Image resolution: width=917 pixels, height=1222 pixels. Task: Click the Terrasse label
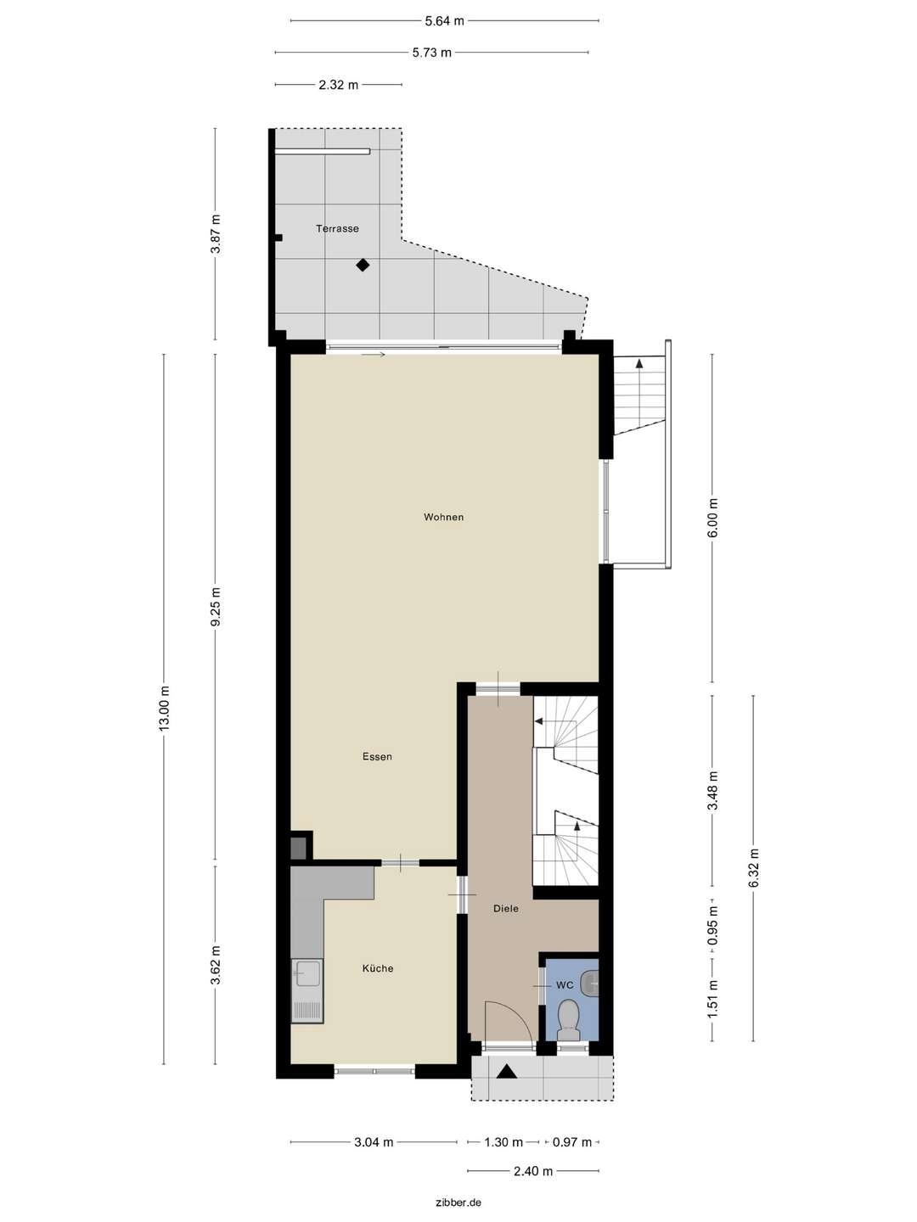pyautogui.click(x=337, y=228)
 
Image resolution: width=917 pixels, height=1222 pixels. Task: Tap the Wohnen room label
pyautogui.click(x=444, y=517)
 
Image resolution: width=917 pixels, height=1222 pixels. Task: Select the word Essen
pyautogui.click(x=377, y=756)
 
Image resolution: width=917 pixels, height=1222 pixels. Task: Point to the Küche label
pyautogui.click(x=378, y=968)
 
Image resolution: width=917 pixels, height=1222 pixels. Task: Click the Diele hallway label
pyautogui.click(x=506, y=908)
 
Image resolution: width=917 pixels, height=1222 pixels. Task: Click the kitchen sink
pyautogui.click(x=307, y=973)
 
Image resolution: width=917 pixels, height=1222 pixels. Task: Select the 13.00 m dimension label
pyautogui.click(x=165, y=708)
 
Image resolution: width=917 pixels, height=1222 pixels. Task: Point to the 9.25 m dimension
pyautogui.click(x=216, y=607)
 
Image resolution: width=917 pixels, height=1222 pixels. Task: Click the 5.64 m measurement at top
pyautogui.click(x=445, y=20)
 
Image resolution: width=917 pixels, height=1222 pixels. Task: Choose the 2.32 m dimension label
pyautogui.click(x=338, y=85)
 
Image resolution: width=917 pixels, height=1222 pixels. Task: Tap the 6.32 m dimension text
pyautogui.click(x=753, y=868)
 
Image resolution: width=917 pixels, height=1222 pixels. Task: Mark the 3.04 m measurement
pyautogui.click(x=374, y=1142)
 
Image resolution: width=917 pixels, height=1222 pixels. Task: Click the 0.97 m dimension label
pyautogui.click(x=571, y=1142)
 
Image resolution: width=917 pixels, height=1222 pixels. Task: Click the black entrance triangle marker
pyautogui.click(x=506, y=1072)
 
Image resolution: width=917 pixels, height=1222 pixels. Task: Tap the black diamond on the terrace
pyautogui.click(x=363, y=265)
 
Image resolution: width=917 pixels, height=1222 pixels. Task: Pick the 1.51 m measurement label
pyautogui.click(x=712, y=999)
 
